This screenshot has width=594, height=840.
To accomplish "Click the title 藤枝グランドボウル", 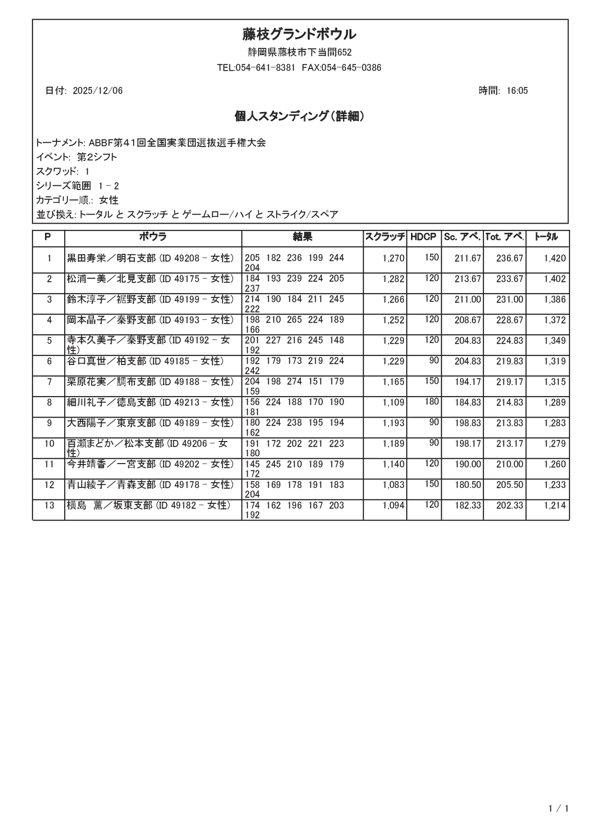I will [299, 34].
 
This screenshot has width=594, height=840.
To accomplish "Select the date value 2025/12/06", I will [98, 91].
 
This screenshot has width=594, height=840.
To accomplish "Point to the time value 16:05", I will [517, 91].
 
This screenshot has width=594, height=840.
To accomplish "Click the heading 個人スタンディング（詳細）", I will [299, 116].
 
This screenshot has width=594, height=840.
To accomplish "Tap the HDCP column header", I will [423, 237].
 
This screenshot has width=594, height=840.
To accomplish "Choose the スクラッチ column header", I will [385, 237].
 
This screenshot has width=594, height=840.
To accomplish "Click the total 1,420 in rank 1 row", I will [555, 259].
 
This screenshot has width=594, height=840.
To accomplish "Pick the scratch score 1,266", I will [393, 300].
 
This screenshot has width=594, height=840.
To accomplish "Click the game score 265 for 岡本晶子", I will [295, 319].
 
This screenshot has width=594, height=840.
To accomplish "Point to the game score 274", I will [295, 381].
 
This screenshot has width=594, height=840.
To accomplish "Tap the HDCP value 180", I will [432, 401].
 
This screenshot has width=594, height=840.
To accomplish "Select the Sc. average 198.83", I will [468, 423].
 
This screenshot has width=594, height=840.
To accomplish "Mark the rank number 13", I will [49, 505].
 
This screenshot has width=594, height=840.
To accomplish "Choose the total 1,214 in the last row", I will [555, 506].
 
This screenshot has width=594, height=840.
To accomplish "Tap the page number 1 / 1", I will [559, 809].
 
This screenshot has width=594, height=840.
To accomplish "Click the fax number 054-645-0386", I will [351, 68].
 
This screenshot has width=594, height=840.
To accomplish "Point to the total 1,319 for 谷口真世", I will [555, 362].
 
